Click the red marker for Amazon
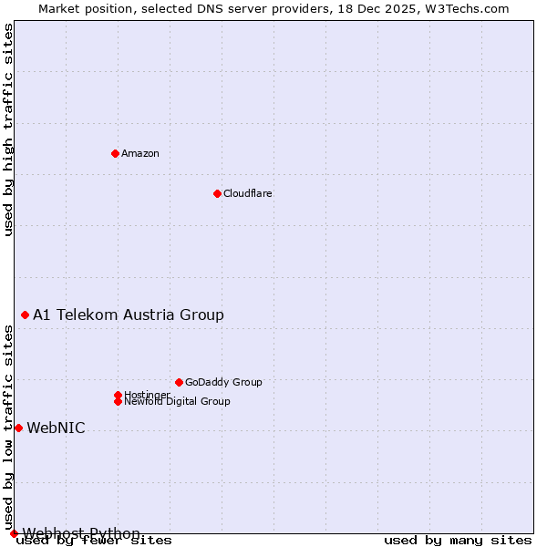click(x=115, y=153)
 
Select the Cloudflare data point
click(x=217, y=193)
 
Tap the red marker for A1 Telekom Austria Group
click(x=25, y=315)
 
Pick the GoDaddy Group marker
click(x=179, y=382)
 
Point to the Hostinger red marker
click(x=118, y=395)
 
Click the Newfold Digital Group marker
click(x=118, y=401)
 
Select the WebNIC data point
click(x=18, y=428)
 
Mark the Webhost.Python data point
click(x=14, y=533)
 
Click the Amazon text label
click(x=140, y=153)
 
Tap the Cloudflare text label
click(x=248, y=193)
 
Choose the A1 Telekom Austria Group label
click(x=129, y=315)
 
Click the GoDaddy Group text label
click(x=223, y=382)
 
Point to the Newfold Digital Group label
click(x=177, y=401)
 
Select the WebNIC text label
click(x=56, y=428)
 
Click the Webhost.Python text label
click(x=81, y=533)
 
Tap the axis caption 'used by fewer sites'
click(x=94, y=541)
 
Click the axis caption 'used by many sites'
click(x=458, y=541)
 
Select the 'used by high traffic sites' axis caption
click(x=9, y=129)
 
